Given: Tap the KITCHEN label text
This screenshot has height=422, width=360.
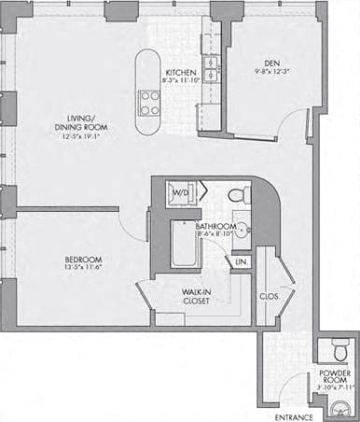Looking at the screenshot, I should [x=181, y=72].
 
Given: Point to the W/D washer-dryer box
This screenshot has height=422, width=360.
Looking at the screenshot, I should [x=180, y=194].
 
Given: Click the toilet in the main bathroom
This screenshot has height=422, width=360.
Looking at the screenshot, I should [x=239, y=195].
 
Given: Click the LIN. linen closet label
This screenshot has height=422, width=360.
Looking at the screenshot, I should [x=241, y=261].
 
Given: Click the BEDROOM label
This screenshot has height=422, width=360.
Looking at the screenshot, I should [x=83, y=259].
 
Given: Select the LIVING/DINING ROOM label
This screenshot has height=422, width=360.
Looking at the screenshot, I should [x=74, y=124].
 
